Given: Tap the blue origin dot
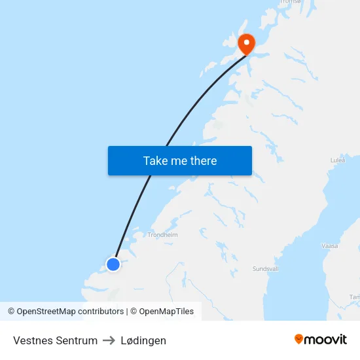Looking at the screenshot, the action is (x=113, y=264).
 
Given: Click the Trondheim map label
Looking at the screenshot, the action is (x=162, y=234).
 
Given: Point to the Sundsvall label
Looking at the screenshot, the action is (x=266, y=269).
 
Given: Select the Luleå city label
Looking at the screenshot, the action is (x=338, y=160).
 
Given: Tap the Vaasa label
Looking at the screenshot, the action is (x=329, y=245).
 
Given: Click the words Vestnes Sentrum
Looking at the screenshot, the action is (x=55, y=340).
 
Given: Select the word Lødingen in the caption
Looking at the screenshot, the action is (x=143, y=340).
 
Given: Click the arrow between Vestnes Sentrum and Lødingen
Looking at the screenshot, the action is (x=109, y=340).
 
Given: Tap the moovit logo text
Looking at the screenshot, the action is (x=326, y=339).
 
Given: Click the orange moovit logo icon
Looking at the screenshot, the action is (x=299, y=339).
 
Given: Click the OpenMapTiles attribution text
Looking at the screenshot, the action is (x=166, y=312).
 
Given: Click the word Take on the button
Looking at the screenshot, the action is (x=156, y=161).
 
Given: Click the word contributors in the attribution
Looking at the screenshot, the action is (x=101, y=312).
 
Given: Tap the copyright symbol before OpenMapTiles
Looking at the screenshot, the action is (x=134, y=312).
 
